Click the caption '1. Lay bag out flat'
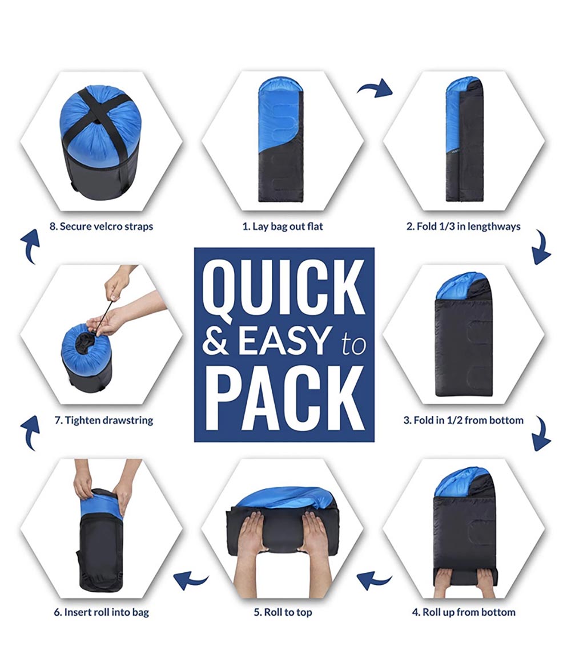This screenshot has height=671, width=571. point(283,227)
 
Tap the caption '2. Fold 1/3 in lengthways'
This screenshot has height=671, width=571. point(464,227)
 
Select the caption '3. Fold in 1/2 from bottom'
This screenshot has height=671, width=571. point(464,420)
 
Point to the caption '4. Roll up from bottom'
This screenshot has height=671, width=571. point(464,612)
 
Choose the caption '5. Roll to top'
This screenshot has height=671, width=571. point(283,612)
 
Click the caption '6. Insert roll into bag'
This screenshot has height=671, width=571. point(102,612)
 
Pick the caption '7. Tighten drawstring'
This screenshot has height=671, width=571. point(104,420)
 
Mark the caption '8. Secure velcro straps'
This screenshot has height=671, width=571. point(102,227)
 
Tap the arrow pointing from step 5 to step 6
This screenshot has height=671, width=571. point(191,580)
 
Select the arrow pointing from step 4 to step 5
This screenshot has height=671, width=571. point(373,580)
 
